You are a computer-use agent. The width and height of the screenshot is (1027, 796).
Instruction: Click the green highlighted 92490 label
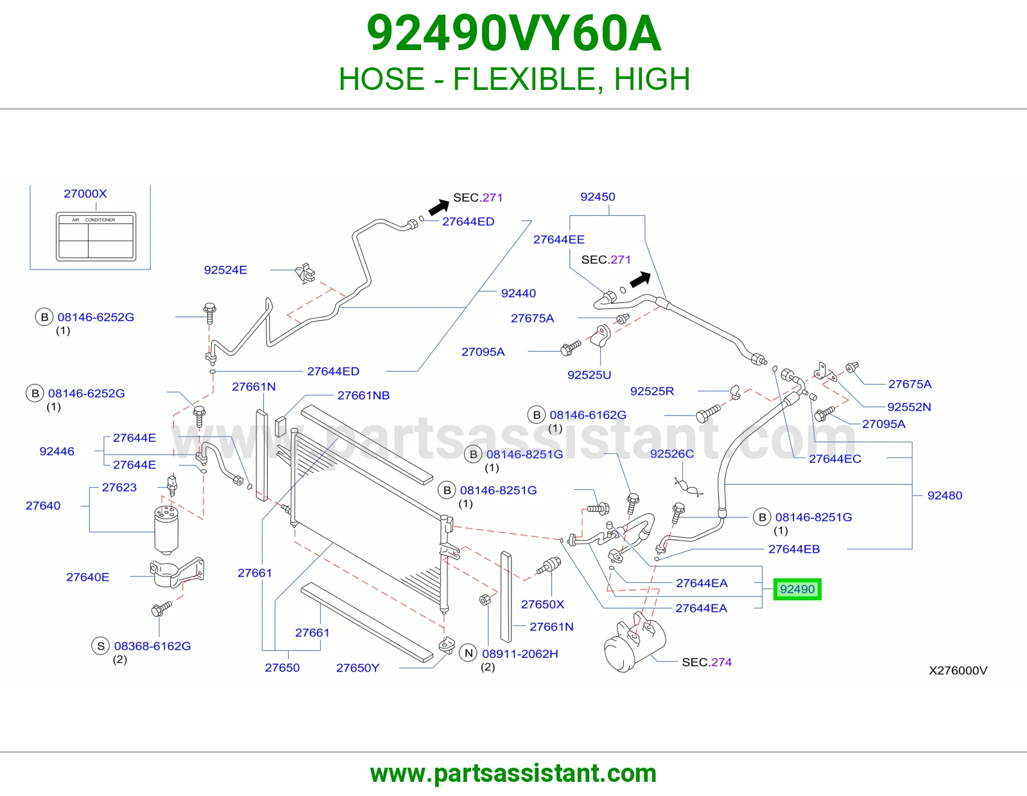pyautogui.click(x=797, y=589)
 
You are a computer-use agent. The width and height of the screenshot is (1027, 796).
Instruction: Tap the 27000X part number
pyautogui.click(x=85, y=193)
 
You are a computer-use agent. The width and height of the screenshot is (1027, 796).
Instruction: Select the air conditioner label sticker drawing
pyautogui.click(x=96, y=236)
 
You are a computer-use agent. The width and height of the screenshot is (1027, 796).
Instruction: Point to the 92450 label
pyautogui.click(x=598, y=196)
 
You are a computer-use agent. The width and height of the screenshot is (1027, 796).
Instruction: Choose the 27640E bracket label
pyautogui.click(x=88, y=577)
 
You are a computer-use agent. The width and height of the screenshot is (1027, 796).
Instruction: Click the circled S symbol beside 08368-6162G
pyautogui.click(x=101, y=646)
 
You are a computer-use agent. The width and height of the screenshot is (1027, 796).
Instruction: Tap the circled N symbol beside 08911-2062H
pyautogui.click(x=469, y=653)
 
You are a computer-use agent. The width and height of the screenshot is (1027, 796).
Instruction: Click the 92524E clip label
pyautogui.click(x=225, y=270)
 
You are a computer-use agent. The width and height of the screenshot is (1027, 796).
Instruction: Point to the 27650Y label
pyautogui.click(x=358, y=668)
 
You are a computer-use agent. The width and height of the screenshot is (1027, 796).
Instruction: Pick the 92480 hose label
pyautogui.click(x=945, y=496)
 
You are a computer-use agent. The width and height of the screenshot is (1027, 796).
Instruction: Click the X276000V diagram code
pyautogui.click(x=958, y=670)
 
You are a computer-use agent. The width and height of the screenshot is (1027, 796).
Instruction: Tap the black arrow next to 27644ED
pyautogui.click(x=438, y=207)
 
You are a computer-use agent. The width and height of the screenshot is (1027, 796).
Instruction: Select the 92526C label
pyautogui.click(x=672, y=454)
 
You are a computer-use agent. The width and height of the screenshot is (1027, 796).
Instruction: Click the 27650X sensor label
pyautogui.click(x=542, y=604)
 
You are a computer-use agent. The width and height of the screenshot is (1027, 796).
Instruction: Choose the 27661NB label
pyautogui.click(x=363, y=395)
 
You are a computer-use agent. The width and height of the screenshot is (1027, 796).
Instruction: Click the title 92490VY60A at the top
pyautogui.click(x=513, y=33)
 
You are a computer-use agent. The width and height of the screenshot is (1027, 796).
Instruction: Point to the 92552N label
pyautogui.click(x=910, y=407)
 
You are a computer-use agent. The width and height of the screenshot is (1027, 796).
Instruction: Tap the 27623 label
pyautogui.click(x=119, y=487)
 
